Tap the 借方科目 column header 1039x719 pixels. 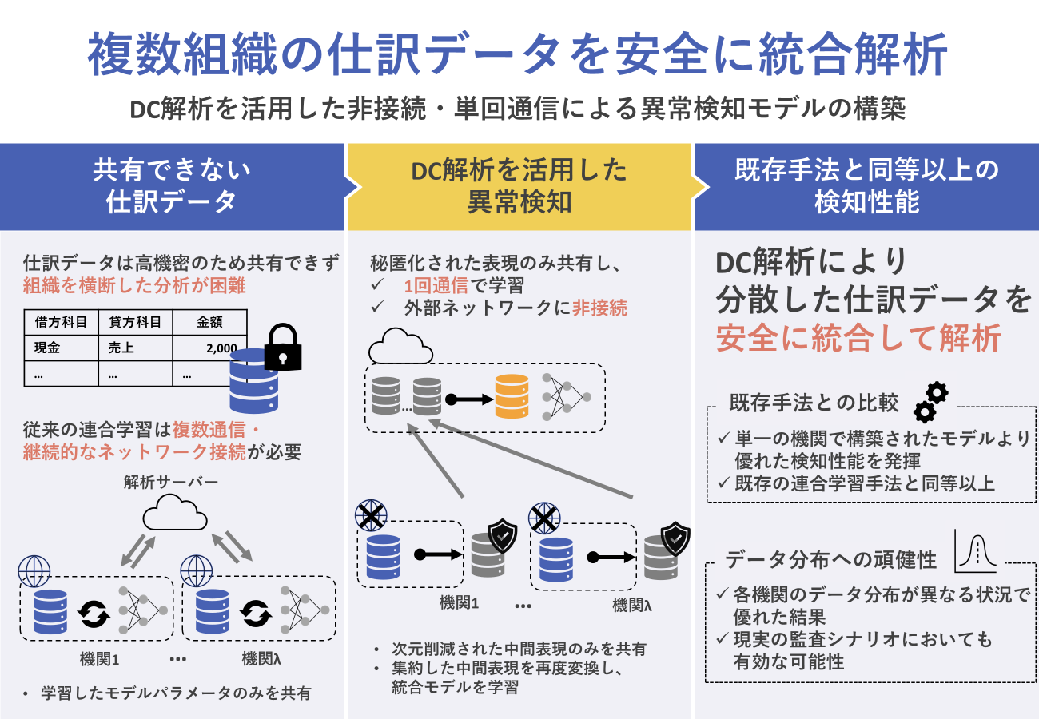point(61,322)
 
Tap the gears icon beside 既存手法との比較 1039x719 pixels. point(930,401)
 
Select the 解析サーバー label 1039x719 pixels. point(171,482)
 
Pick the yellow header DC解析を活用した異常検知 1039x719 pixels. point(519,186)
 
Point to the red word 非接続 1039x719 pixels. point(599,308)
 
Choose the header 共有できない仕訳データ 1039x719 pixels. point(172,186)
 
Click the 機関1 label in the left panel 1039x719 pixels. point(100,659)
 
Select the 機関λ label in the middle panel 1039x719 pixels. point(632,605)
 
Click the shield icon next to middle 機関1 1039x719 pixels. point(502,537)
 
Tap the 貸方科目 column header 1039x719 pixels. point(135,322)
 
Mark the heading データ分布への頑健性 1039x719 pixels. point(830,559)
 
